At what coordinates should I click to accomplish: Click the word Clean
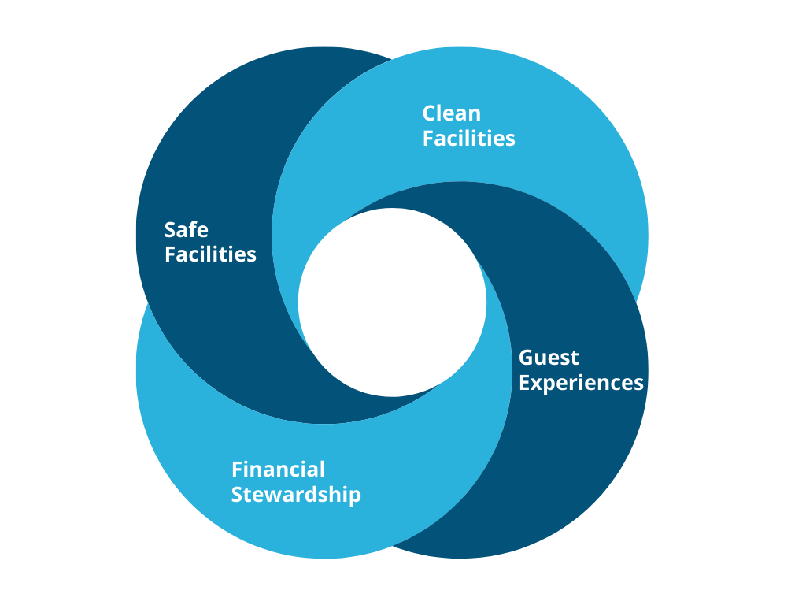point(451,113)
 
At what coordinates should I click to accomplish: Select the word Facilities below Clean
point(468,139)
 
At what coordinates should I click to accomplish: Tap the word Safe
point(186,229)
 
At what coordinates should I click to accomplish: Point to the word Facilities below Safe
point(210,254)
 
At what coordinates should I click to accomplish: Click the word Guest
point(549,358)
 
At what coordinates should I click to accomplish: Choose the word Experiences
point(581,383)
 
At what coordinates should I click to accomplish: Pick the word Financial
point(278,470)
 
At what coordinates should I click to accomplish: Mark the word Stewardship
point(296,495)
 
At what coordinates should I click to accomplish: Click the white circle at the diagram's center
point(392,302)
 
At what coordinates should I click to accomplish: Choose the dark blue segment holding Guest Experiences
point(567,457)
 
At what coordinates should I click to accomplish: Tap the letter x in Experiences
point(538,384)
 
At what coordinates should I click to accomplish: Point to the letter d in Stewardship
point(315,494)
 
